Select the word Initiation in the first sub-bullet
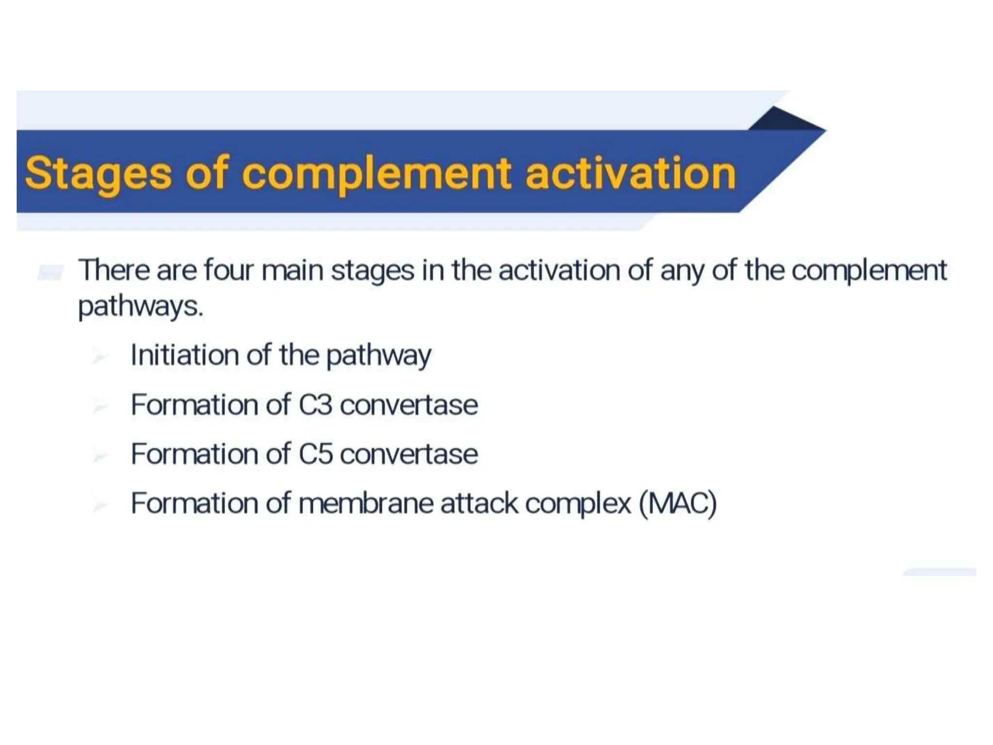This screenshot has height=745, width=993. (185, 355)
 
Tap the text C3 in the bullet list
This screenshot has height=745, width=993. (315, 405)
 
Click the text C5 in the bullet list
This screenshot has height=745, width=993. (315, 454)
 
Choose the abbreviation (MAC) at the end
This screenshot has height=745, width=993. (677, 503)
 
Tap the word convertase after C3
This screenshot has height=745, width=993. (409, 405)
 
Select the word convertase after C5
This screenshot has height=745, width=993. (409, 454)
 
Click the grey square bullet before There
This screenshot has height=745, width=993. (50, 273)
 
